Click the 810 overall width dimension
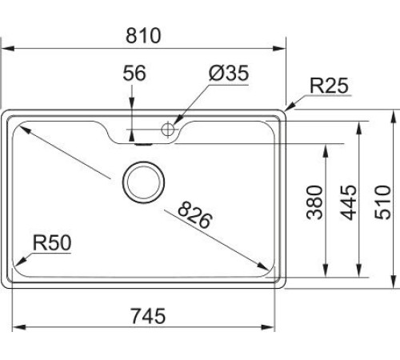pyautogui.click(x=145, y=36)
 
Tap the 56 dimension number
pyautogui.click(x=134, y=74)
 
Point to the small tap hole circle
pyautogui.click(x=169, y=128)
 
